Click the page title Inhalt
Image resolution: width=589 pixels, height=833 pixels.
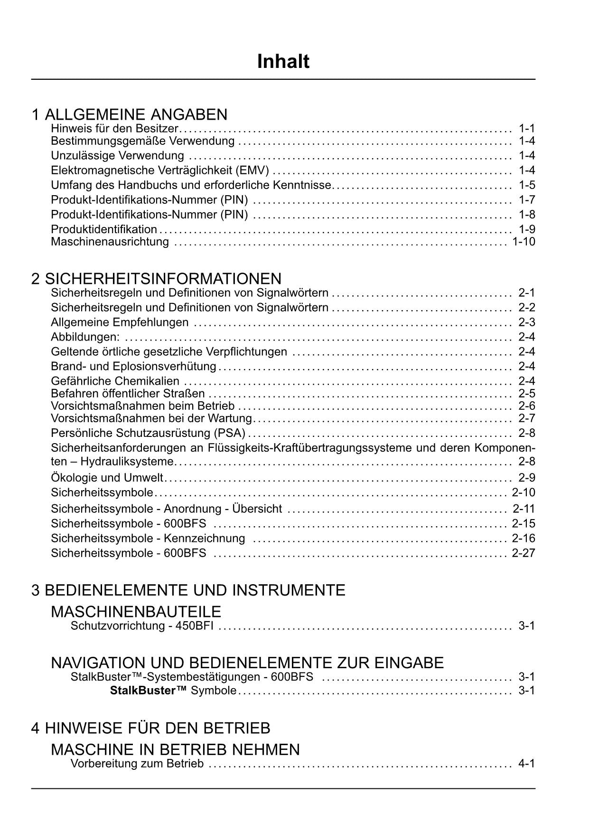tap(283, 62)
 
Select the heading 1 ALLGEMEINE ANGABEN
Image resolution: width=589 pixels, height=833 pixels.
tap(130, 114)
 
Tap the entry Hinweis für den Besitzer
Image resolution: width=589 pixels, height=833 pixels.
tap(114, 128)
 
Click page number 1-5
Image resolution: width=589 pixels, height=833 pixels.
tap(527, 185)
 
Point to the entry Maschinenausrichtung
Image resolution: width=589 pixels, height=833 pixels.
tap(110, 242)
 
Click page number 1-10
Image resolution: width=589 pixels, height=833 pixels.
tap(524, 242)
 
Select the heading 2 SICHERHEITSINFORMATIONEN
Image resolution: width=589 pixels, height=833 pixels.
tap(156, 278)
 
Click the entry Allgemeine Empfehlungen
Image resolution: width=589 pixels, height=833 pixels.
tap(120, 322)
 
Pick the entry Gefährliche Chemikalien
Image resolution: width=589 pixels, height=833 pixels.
tap(115, 381)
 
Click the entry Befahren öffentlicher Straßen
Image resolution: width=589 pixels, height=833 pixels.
tap(128, 393)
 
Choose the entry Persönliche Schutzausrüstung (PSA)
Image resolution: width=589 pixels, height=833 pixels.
tap(148, 433)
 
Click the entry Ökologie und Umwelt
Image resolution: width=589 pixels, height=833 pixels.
tap(107, 477)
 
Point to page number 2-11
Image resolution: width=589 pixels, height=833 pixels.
tap(524, 509)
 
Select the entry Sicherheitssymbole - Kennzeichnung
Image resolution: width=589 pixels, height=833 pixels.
tap(148, 538)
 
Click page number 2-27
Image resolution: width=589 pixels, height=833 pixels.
tap(524, 553)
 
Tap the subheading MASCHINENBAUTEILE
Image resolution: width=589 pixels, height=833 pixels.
tap(136, 611)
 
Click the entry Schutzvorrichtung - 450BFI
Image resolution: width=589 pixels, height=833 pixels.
tap(142, 625)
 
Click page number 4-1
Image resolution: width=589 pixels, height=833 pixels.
tap(527, 763)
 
